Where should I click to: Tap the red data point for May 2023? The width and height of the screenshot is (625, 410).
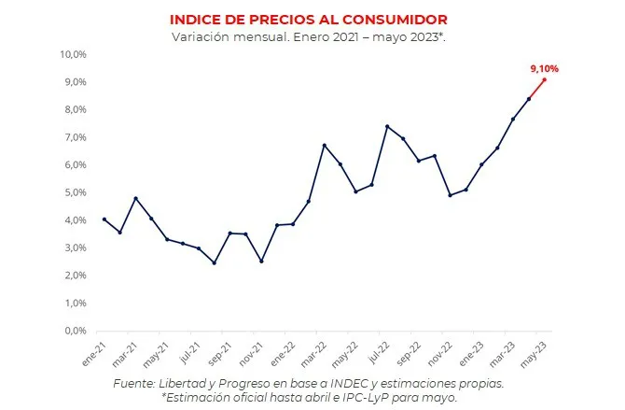[545, 79]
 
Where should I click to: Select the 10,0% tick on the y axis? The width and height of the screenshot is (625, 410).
[72, 54]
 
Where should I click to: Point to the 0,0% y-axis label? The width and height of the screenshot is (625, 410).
[75, 331]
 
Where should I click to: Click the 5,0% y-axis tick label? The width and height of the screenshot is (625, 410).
[75, 192]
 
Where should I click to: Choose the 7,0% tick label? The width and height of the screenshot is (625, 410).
[75, 137]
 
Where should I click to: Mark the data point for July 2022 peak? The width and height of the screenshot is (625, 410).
[387, 126]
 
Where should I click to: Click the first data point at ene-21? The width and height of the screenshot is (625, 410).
[104, 219]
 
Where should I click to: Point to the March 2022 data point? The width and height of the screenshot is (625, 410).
[324, 145]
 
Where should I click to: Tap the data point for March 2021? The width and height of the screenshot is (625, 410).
[135, 198]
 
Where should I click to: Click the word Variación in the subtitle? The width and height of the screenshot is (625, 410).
[199, 36]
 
